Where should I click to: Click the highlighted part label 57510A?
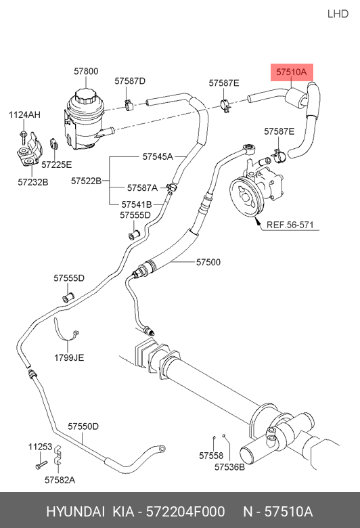(292, 72)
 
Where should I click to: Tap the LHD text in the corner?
(338, 14)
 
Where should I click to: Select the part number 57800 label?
(86, 71)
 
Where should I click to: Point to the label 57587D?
(130, 81)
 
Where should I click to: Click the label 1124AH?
(24, 115)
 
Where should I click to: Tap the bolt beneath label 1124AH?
(23, 137)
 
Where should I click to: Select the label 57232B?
(33, 182)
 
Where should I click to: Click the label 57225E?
(57, 164)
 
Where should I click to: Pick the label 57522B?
(86, 181)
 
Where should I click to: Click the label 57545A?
(158, 156)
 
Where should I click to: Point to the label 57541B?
(137, 204)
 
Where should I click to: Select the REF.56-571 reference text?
(290, 225)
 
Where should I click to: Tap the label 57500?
(208, 262)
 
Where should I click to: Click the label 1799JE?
(69, 357)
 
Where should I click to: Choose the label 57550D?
(83, 426)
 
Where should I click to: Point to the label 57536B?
(229, 467)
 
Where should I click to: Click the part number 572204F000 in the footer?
(185, 512)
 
